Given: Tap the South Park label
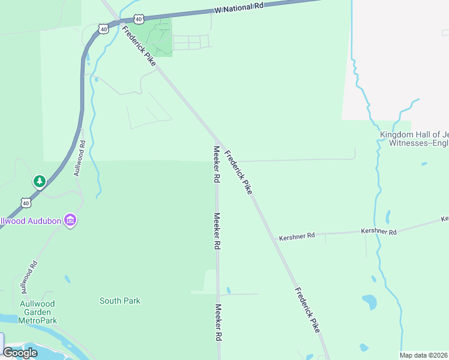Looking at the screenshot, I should (120, 301).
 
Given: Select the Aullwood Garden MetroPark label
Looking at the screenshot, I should (38, 312).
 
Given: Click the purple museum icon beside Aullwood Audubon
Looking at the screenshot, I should (70, 221).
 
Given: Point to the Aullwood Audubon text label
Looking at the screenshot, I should (31, 221).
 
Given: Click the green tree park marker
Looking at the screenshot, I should (40, 181).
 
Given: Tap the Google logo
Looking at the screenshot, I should (20, 353).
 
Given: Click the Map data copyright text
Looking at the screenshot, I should (424, 355).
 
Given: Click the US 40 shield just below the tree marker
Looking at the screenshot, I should (26, 203).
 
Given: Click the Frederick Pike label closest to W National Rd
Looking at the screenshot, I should (139, 46).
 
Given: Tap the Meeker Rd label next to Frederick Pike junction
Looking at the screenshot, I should (216, 164).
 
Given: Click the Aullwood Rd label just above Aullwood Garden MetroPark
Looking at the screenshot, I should (28, 274).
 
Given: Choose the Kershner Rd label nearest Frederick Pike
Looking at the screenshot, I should (297, 236).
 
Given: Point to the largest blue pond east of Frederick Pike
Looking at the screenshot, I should (370, 301).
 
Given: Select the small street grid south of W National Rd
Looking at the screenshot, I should (191, 42).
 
